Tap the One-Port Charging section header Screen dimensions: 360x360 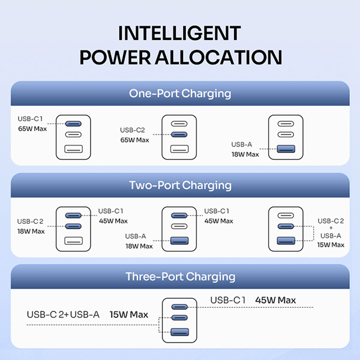coord(180,94)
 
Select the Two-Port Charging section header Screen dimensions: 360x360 coord(180,185)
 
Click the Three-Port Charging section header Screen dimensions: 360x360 coord(180,277)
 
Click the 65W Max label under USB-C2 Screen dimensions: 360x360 coord(134,140)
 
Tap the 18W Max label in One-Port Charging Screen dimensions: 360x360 coord(245,154)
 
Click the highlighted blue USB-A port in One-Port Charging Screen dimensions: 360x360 coord(286,149)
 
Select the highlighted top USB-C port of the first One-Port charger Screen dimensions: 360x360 coord(73,124)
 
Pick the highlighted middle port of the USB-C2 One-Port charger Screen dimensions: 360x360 coord(179,136)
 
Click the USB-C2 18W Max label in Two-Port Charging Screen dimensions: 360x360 coord(31,231)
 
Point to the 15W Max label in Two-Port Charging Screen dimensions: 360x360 coord(330,245)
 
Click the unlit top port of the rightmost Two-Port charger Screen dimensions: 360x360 coord(286,215)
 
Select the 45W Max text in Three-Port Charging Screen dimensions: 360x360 coord(275,300)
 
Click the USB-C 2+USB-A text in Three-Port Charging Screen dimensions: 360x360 coord(63,314)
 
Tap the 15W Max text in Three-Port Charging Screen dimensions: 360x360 coord(129,314)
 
